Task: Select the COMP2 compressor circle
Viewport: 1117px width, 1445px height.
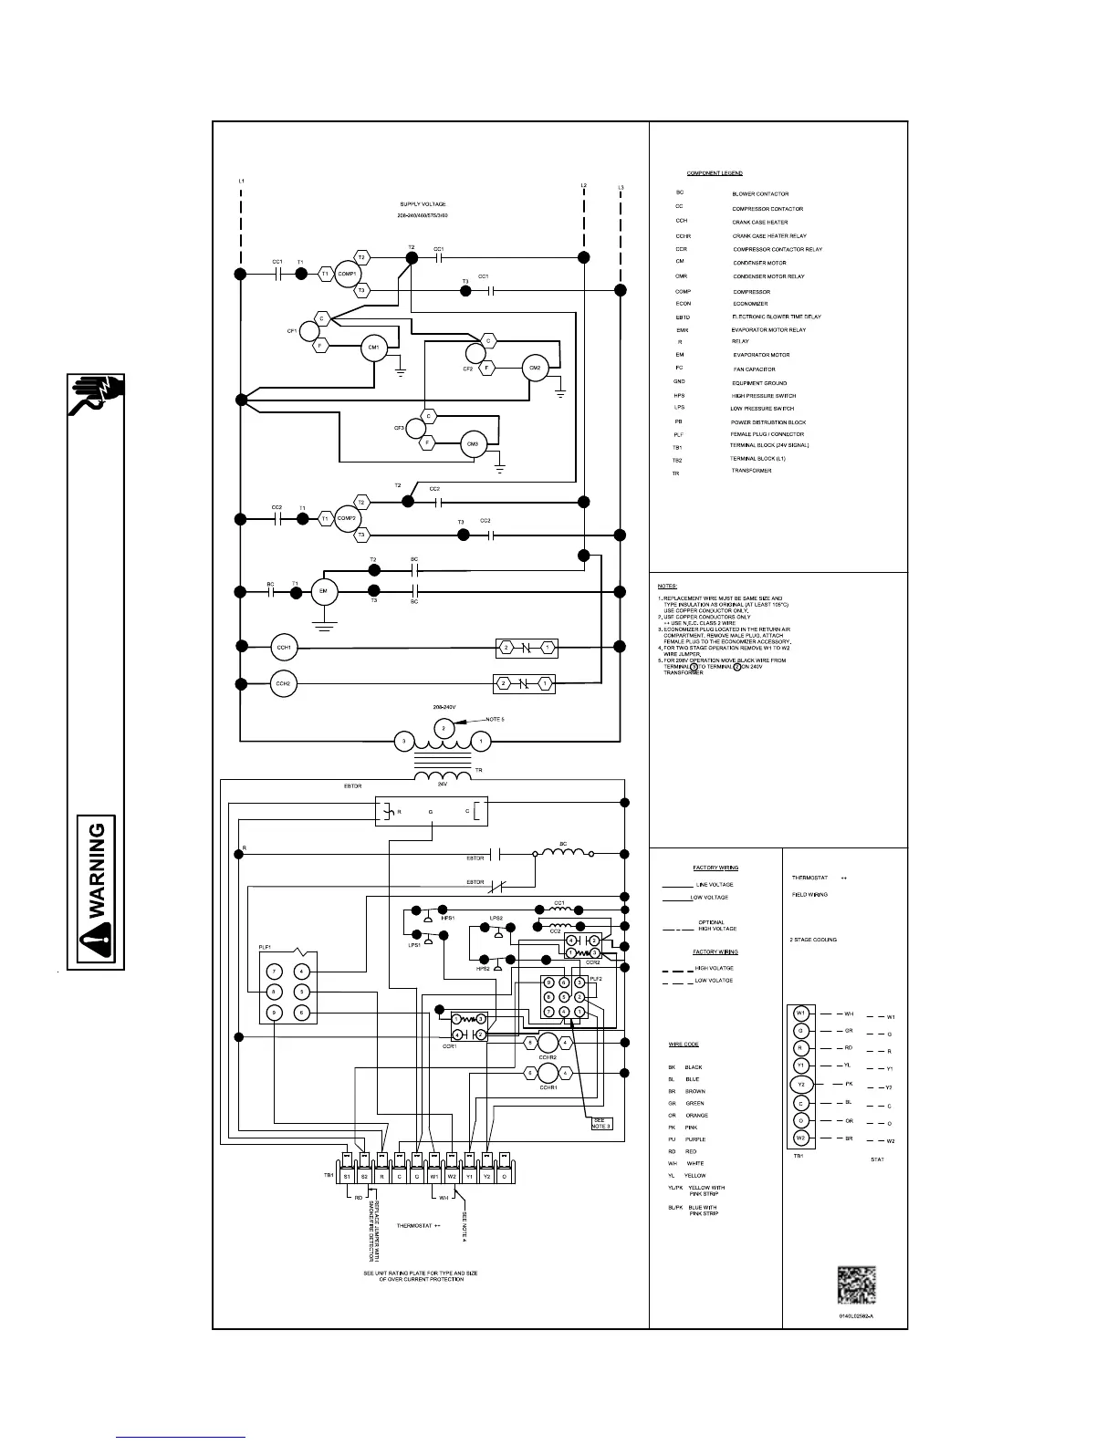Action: tap(347, 518)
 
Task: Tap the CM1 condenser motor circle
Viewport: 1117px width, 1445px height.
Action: tap(373, 348)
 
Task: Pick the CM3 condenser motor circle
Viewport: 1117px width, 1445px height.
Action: tap(473, 444)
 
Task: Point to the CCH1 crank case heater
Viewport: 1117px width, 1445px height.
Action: tap(284, 648)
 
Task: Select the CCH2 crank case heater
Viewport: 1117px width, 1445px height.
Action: tap(284, 683)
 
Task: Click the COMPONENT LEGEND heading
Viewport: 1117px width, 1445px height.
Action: tap(715, 173)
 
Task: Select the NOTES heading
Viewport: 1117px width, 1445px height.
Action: tap(667, 586)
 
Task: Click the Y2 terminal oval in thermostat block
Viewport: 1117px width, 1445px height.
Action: tap(800, 1085)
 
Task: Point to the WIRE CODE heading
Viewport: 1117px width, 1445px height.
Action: tap(684, 1045)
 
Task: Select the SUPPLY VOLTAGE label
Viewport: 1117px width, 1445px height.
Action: tap(423, 204)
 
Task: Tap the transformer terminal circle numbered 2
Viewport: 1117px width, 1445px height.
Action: tap(443, 728)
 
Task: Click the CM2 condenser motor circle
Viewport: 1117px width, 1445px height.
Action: tap(535, 368)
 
